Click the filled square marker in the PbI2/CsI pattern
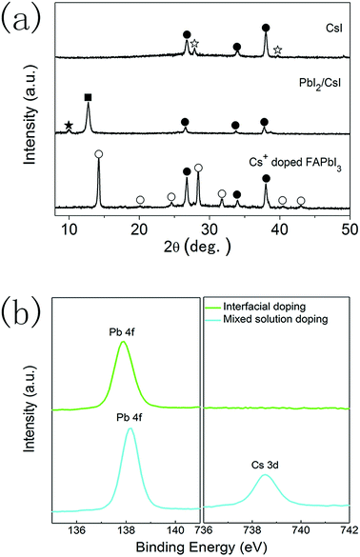click(x=89, y=98)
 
